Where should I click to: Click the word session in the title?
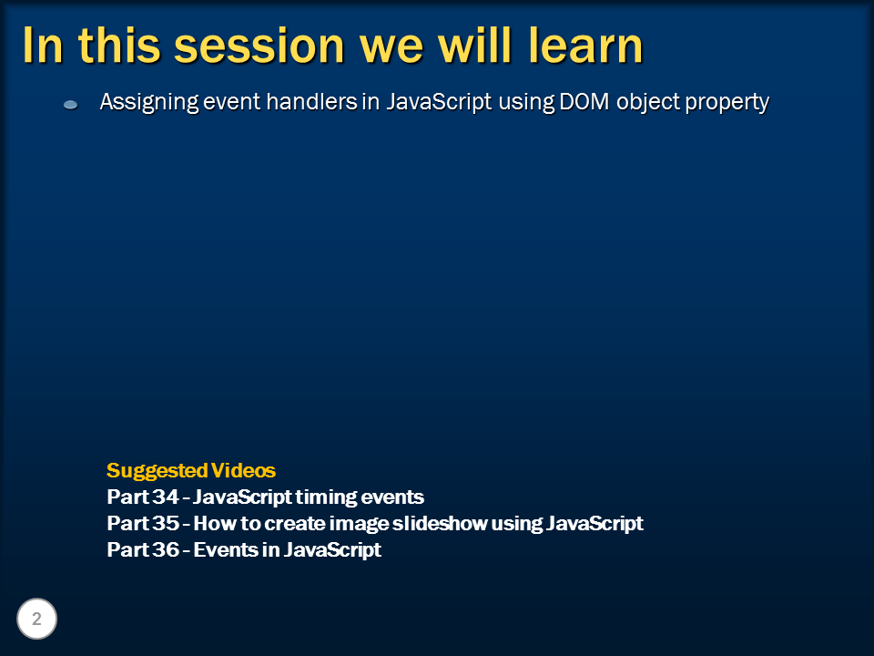[x=259, y=46]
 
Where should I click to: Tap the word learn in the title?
[x=585, y=46]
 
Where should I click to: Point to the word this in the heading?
[x=119, y=46]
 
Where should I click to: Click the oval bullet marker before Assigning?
[x=70, y=104]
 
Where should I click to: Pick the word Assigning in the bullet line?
[x=148, y=103]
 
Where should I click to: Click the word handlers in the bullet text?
[x=311, y=101]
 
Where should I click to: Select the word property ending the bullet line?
[x=727, y=103]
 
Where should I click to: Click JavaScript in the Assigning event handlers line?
[x=439, y=103]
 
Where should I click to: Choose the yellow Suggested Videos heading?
[x=191, y=471]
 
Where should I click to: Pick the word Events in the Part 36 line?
[x=225, y=549]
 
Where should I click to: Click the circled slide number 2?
[x=36, y=619]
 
